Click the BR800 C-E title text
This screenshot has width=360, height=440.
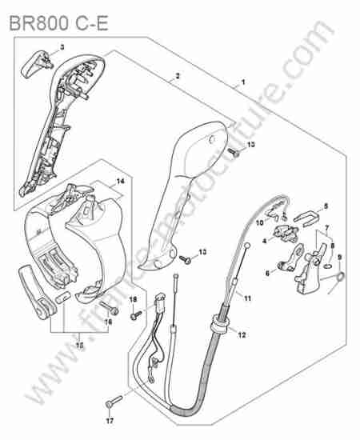coord(58,23)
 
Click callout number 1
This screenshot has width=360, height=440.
coord(243,82)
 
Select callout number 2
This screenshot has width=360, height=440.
coord(178,76)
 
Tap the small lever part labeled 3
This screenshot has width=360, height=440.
coord(36,63)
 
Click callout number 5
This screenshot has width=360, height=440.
coord(326,206)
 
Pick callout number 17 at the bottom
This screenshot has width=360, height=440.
coord(110,421)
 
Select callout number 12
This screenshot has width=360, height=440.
coord(242,334)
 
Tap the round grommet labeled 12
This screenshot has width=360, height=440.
coord(219,325)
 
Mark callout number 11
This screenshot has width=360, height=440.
coord(247,298)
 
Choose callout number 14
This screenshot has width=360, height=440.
coord(120,182)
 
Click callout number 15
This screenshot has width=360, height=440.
coord(80,346)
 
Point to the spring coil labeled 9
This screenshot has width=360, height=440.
coord(340,277)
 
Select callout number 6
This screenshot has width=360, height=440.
coord(267,273)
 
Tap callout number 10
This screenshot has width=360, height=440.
coord(260,222)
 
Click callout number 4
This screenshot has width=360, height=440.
coord(265,241)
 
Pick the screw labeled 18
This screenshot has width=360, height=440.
coord(137,315)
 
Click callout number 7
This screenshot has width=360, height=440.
coord(326,227)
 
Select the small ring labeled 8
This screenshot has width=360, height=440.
coord(328,266)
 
